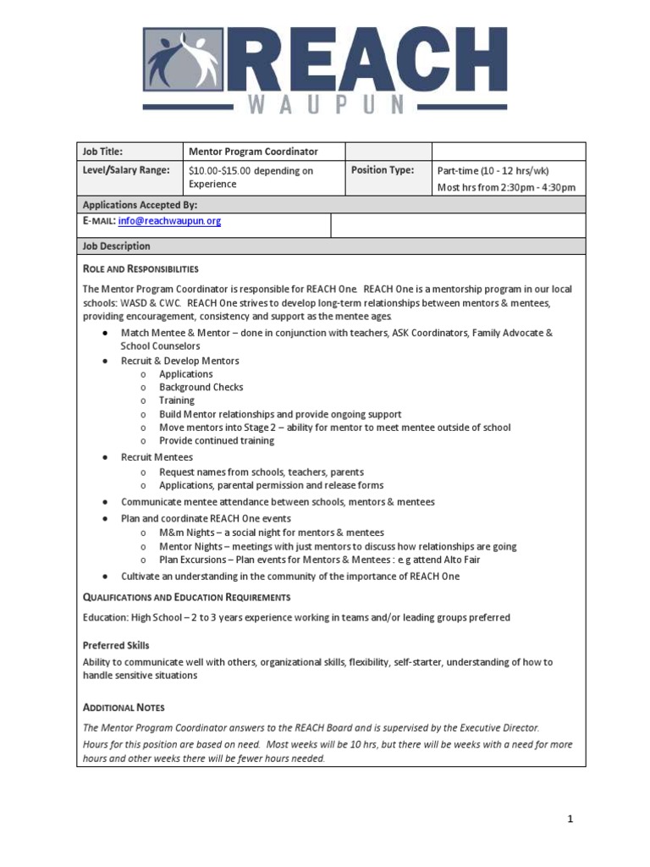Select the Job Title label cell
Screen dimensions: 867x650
pos(102,152)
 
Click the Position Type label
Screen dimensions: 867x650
pos(383,170)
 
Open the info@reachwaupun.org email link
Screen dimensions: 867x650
pos(169,221)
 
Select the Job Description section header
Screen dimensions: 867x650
pos(116,246)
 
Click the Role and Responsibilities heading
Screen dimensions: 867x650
pos(140,269)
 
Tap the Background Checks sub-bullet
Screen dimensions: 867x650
pos(201,387)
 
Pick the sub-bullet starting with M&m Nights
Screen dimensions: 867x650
pos(271,533)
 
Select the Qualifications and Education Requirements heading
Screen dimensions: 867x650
pos(186,597)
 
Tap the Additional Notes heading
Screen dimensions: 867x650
pos(124,707)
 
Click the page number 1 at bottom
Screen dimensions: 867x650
pos(570,819)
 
